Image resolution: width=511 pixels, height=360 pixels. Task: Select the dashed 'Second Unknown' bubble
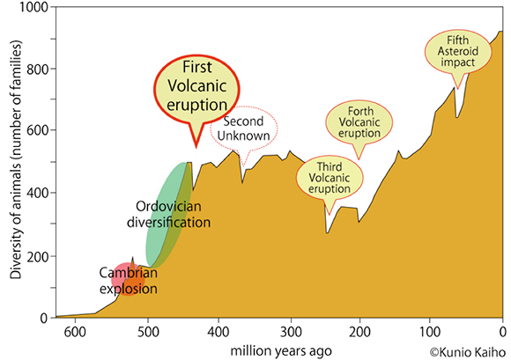(244, 129)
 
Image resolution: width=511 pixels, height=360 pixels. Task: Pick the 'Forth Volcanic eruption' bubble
(359, 122)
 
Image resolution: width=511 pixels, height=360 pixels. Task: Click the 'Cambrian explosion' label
(128, 279)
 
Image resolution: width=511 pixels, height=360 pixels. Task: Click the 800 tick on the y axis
(36, 70)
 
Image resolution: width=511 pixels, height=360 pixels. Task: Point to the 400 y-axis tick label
(36, 194)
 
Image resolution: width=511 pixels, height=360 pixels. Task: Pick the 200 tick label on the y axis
(36, 256)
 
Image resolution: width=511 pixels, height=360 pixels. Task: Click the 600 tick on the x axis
(74, 332)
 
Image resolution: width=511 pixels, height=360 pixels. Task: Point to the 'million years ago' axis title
(281, 349)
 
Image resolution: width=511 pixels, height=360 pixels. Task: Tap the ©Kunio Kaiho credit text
(467, 350)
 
